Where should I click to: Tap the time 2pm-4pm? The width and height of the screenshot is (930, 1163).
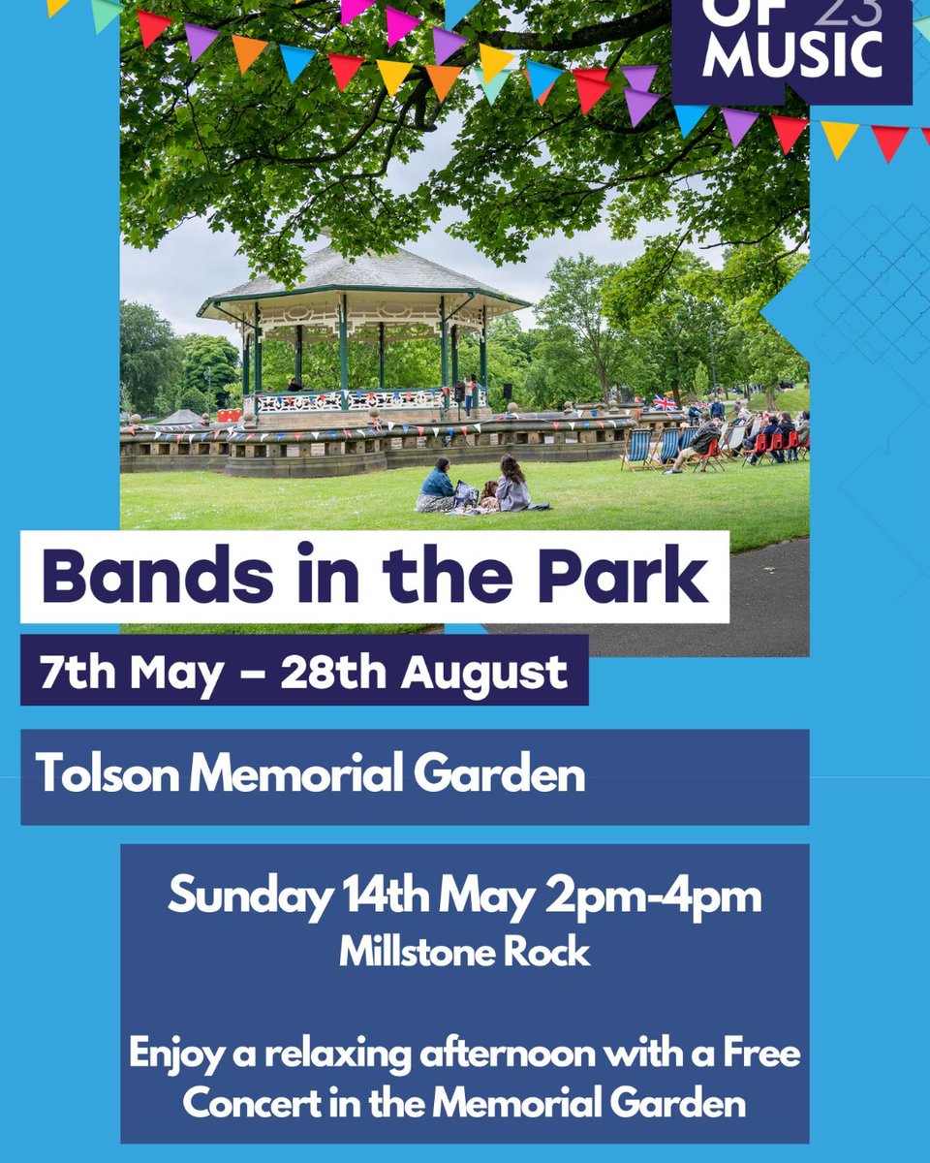coord(654,897)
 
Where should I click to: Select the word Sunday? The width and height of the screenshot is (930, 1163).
coord(249,897)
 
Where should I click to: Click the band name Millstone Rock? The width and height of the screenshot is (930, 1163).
coord(464,952)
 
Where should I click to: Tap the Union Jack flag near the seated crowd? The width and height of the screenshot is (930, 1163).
coord(665,400)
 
